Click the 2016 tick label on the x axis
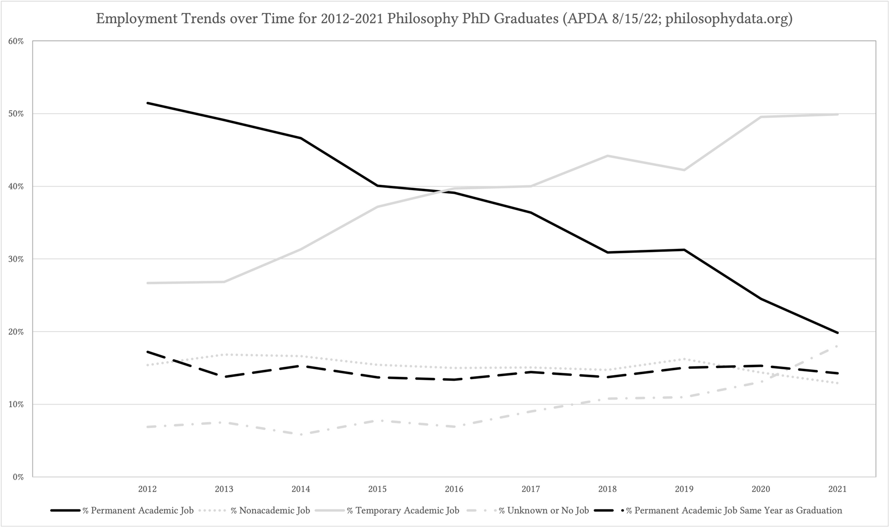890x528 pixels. coord(454,489)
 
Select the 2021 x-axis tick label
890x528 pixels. coord(837,489)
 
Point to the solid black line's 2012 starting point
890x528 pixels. coord(147,103)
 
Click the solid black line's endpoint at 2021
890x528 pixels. coord(837,332)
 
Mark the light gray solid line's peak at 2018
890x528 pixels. coord(607,156)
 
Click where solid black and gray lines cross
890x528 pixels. coord(446,191)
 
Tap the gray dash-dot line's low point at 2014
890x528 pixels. coord(301,435)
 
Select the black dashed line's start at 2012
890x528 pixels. coord(147,352)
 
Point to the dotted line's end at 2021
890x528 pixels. coord(837,383)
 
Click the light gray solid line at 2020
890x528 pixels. coord(761,117)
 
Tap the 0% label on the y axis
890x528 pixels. coord(18,477)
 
